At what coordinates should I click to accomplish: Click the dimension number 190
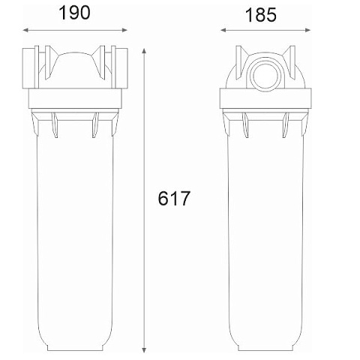pos(74,13)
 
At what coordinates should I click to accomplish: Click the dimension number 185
pos(261,15)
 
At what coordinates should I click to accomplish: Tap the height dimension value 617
pos(174,199)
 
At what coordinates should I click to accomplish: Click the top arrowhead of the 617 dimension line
pos(144,51)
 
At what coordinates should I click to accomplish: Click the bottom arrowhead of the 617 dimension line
pos(144,349)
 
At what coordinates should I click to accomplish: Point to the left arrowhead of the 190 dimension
pos(25,30)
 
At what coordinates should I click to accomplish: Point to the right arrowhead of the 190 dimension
pos(124,30)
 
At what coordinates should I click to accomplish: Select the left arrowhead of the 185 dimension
pos(223,30)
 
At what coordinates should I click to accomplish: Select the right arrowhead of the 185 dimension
pos(307,30)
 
